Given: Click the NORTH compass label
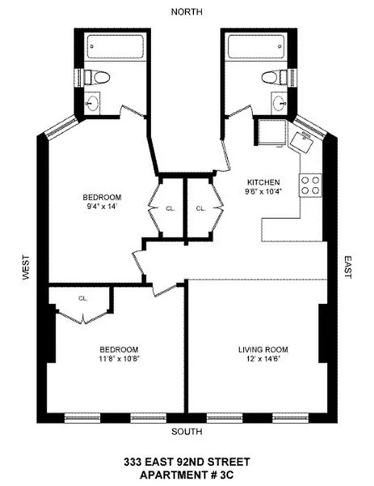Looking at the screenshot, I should [187, 12].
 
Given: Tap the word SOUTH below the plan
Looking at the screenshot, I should [187, 432].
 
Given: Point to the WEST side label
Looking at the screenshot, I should [26, 267].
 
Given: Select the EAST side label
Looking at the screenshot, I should [347, 267].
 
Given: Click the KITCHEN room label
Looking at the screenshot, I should [262, 182].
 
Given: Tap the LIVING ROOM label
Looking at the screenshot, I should [262, 349].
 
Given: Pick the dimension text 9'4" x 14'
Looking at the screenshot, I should [102, 206].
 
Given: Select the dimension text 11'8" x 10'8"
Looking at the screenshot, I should [119, 358].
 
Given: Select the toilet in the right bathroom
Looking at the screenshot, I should [274, 77].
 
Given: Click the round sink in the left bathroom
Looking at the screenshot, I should [92, 103].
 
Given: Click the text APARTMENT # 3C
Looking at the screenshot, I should [187, 474].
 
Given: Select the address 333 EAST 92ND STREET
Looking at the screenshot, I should [187, 462].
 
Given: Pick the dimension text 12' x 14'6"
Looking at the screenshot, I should [262, 358].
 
